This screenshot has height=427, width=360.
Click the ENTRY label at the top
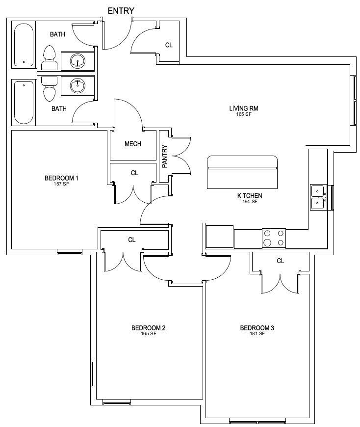click(121, 11)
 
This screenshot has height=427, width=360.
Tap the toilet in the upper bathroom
click(50, 58)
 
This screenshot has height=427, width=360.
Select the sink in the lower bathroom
click(77, 85)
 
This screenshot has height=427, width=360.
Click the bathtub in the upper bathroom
click(24, 45)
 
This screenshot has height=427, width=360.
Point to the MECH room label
click(133, 144)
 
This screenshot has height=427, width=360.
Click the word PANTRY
click(165, 156)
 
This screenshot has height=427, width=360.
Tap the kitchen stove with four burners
click(274, 238)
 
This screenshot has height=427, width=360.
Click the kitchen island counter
click(242, 172)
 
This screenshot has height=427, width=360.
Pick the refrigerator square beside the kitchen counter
click(220, 237)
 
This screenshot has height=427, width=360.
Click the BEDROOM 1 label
click(61, 178)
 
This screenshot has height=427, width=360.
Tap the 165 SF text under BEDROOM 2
click(148, 333)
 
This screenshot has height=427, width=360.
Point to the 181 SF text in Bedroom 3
click(257, 333)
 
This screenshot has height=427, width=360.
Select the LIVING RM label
click(244, 108)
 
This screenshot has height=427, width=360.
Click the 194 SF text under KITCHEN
click(250, 202)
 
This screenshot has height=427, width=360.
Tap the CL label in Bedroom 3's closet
click(281, 261)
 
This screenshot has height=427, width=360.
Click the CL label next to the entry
click(169, 45)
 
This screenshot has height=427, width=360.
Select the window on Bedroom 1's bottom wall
click(70, 253)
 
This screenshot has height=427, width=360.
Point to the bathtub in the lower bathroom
click(24, 102)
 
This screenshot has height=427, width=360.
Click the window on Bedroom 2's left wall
click(93, 374)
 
